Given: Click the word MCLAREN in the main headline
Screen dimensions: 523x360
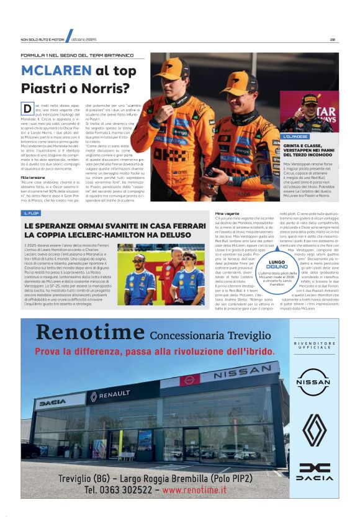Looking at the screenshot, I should point(56,71).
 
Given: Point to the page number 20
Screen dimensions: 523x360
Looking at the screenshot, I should point(333,40).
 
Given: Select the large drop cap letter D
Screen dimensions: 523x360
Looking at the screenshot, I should point(27,109).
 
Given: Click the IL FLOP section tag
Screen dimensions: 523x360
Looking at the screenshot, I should point(32,213).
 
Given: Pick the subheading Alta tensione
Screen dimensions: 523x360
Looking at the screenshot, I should point(33,177).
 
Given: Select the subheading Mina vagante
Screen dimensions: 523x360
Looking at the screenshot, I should point(227,213).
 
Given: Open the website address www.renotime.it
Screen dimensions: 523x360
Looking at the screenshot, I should point(194,490).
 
